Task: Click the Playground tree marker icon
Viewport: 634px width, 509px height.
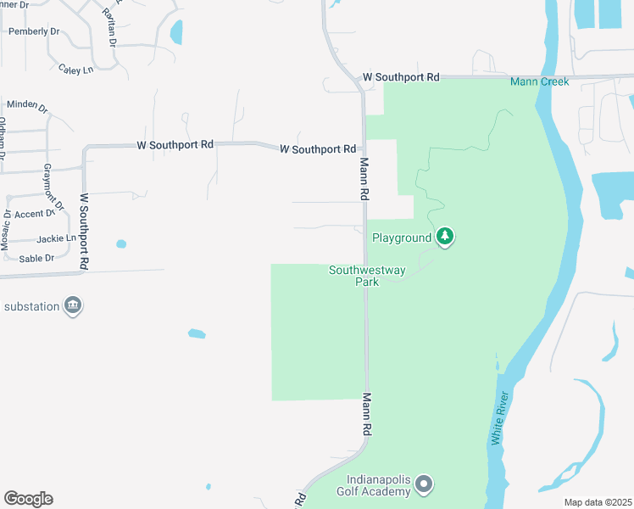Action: tap(446, 237)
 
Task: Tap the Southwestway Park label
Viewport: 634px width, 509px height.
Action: tap(367, 276)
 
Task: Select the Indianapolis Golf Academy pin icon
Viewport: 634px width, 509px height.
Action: tap(425, 484)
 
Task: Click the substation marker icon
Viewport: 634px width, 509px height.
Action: tap(73, 305)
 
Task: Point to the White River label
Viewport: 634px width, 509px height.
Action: tap(500, 417)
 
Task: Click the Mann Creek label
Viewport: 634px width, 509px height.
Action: tap(539, 81)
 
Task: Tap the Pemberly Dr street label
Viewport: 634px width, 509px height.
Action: tap(34, 31)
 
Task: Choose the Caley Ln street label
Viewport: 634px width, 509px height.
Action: tap(76, 70)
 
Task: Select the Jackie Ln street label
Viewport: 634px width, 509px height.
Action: tap(57, 239)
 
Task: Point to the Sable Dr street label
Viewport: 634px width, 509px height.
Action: tap(36, 258)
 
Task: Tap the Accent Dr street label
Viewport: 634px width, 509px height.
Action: tap(34, 214)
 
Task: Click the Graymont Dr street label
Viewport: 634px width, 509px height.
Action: tap(53, 187)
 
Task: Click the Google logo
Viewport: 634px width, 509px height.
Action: tap(28, 499)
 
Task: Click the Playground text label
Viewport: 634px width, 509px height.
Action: tap(402, 238)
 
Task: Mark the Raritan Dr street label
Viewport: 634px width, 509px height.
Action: tap(108, 25)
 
